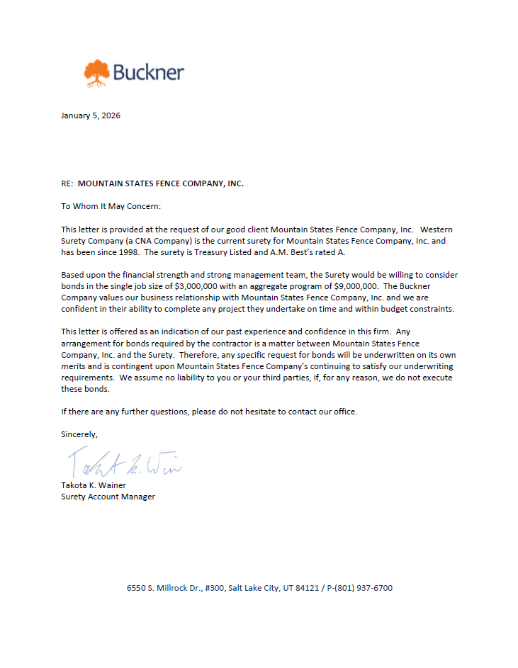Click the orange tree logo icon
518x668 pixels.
(x=97, y=73)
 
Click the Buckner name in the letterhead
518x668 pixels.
(x=149, y=72)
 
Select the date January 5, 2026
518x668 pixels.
(x=91, y=115)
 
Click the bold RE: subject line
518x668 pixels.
(x=152, y=183)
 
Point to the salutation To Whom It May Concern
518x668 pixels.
(x=111, y=206)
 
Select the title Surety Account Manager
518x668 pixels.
(x=108, y=497)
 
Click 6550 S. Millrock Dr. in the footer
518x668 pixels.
(x=162, y=588)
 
